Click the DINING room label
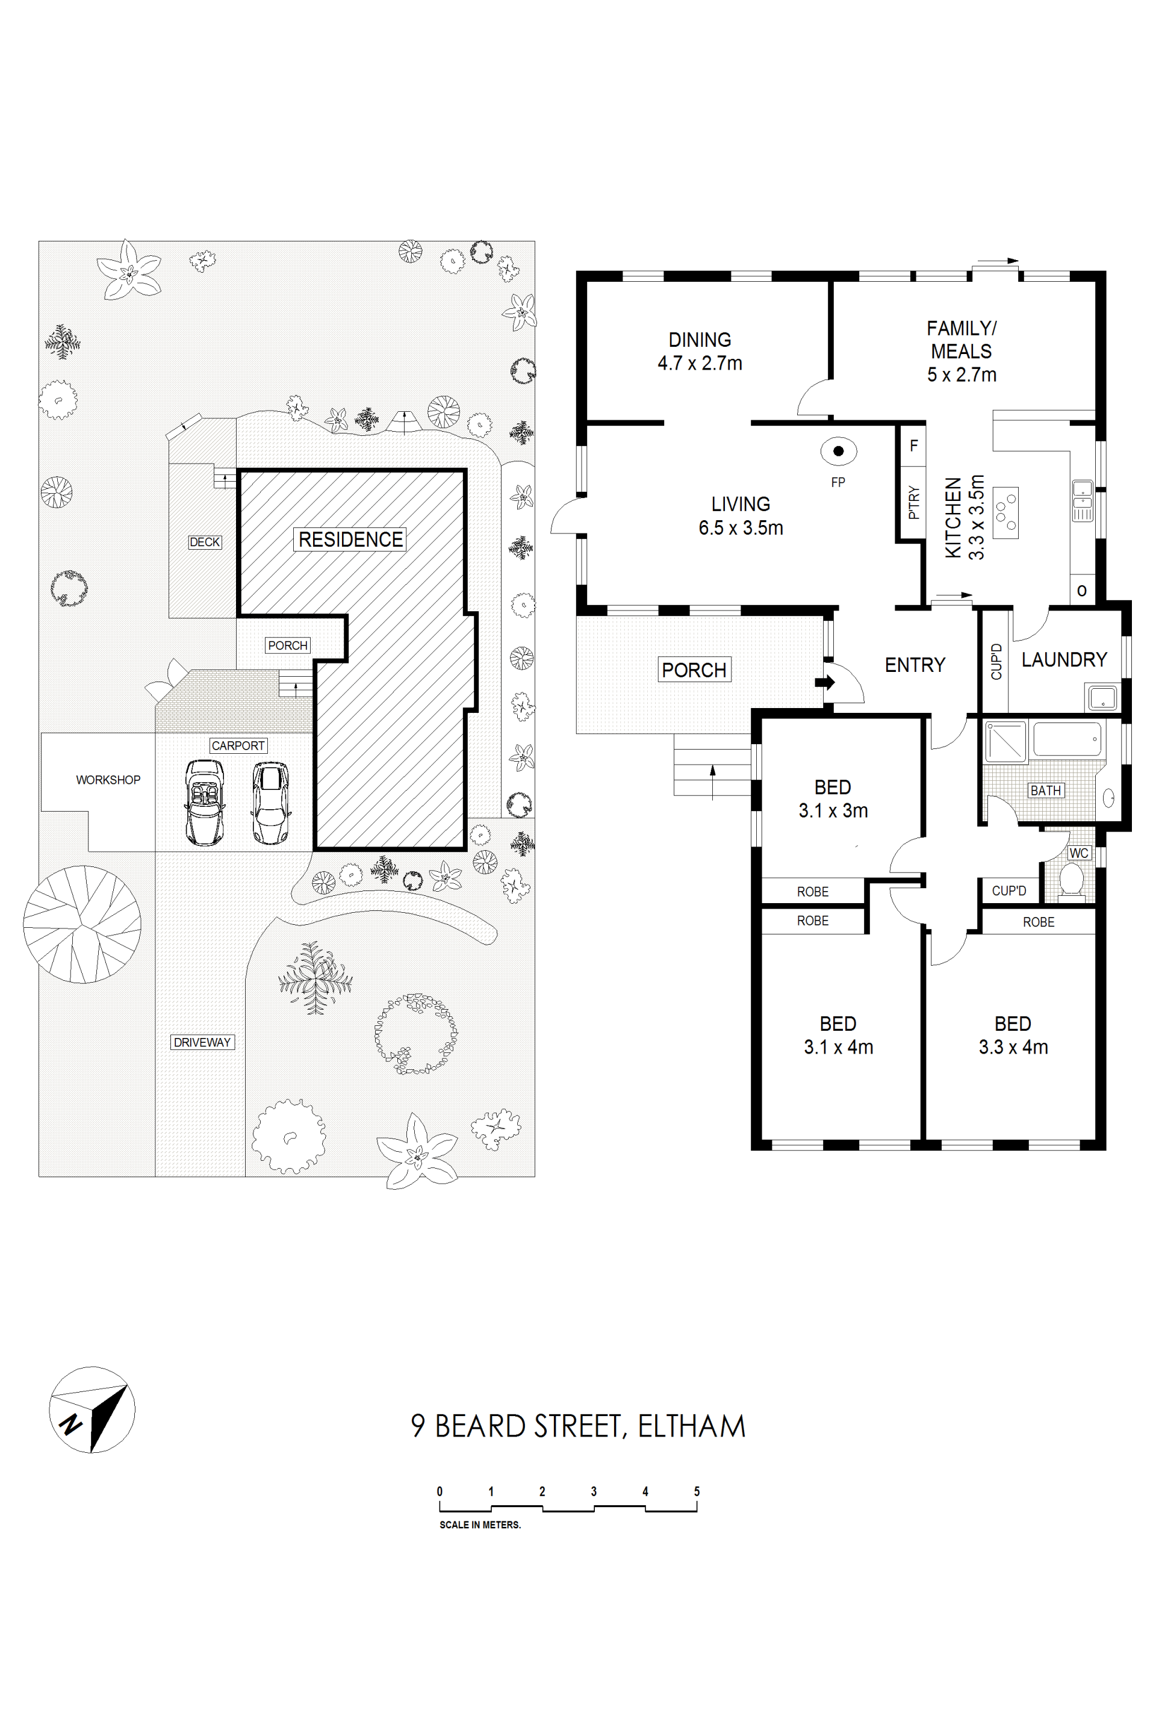click(x=700, y=340)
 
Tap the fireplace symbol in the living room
click(x=838, y=451)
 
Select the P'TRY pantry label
click(x=914, y=502)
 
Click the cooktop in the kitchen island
click(x=1005, y=512)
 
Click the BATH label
click(x=1045, y=791)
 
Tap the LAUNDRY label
click(x=1064, y=660)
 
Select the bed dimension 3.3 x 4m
click(x=1013, y=1047)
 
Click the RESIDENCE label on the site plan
click(x=351, y=539)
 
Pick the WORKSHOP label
click(x=108, y=780)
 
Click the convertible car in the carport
click(x=205, y=802)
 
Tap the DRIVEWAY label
click(x=203, y=1042)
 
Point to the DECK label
click(x=205, y=542)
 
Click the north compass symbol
click(x=92, y=1409)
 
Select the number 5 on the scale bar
click(x=697, y=1491)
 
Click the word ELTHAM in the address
click(x=692, y=1426)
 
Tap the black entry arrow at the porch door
click(x=825, y=683)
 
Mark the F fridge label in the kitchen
click(x=914, y=446)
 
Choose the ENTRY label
click(x=915, y=665)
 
